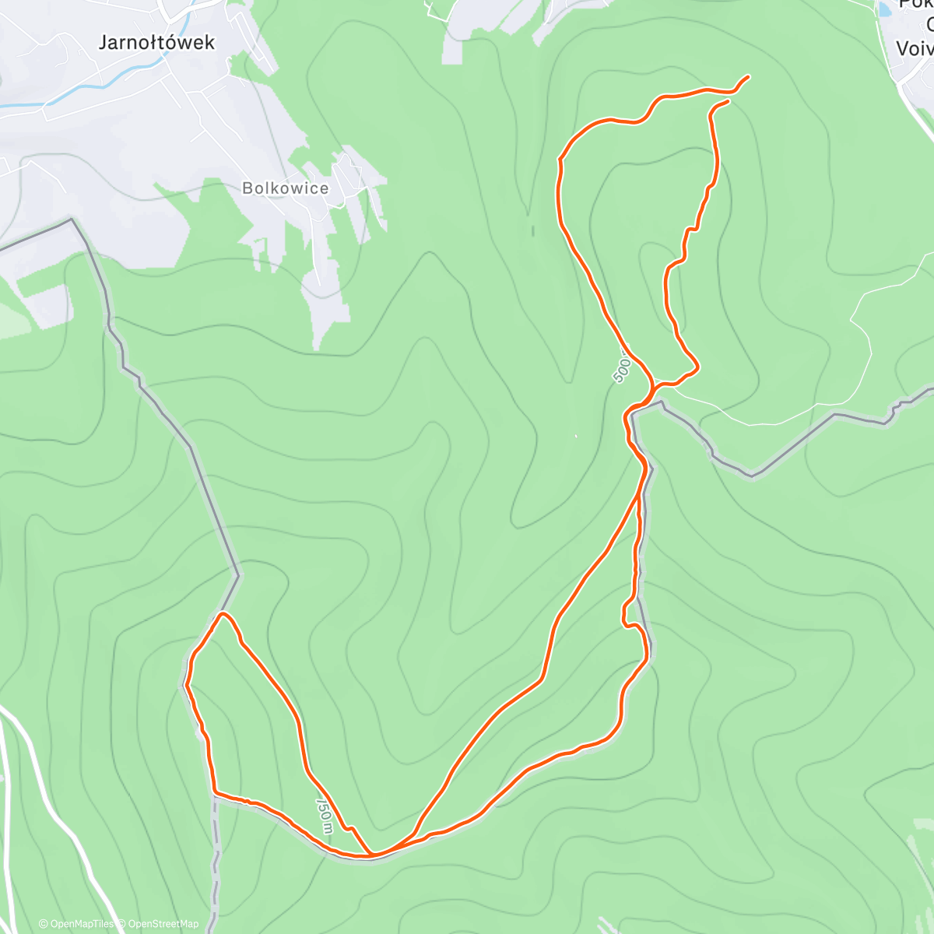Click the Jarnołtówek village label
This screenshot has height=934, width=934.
click(156, 42)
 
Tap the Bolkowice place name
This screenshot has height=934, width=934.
click(285, 188)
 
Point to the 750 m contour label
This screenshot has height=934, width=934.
click(325, 814)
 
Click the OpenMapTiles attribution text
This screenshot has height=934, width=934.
click(76, 924)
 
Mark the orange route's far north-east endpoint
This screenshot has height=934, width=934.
click(748, 76)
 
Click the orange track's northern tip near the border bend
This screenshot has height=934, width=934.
click(224, 614)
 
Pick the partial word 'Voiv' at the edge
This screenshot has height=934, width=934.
click(914, 48)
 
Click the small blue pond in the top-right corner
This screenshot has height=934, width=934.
click(886, 10)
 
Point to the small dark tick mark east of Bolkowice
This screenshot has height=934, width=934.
click(533, 230)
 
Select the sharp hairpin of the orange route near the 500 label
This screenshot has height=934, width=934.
click(695, 365)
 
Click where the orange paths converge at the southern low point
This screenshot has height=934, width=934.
click(372, 855)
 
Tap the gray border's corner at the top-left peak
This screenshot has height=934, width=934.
click(72, 219)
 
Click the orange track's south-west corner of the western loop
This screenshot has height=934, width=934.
click(214, 792)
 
